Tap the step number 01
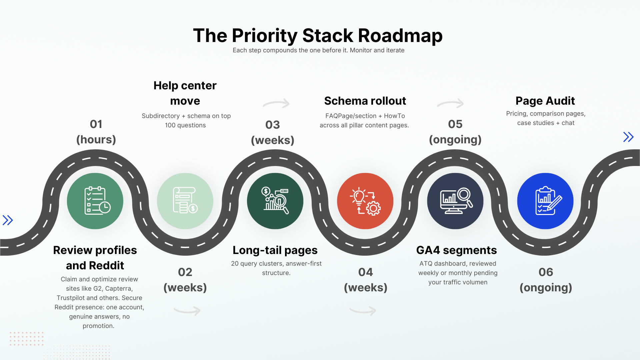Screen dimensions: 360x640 pos(96,124)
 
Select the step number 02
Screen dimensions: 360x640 pos(185,272)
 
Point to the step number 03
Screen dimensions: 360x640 pos(272,125)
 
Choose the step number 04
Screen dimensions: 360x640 pos(365,272)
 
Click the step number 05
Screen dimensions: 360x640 pos(455,124)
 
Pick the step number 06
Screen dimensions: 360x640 pos(546,272)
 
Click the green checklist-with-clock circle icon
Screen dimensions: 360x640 pos(95,201)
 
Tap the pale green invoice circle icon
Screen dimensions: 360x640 pos(185,201)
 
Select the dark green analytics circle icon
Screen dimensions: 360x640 pos(275,201)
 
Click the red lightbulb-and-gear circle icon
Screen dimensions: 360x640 pos(365,201)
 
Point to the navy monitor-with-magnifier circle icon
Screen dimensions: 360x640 pos(455,201)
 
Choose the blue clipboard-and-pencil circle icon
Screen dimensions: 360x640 pos(545,201)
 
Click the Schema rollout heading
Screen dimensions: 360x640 pos(365,101)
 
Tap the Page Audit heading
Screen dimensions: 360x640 pos(545,101)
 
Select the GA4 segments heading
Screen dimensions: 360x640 pos(456,250)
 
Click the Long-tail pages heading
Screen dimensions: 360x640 pos(275,250)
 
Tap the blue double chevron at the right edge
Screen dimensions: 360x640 pos(628,137)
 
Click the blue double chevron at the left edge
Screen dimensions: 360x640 pos(8,220)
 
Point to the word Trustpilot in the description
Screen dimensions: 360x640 pos(70,298)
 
